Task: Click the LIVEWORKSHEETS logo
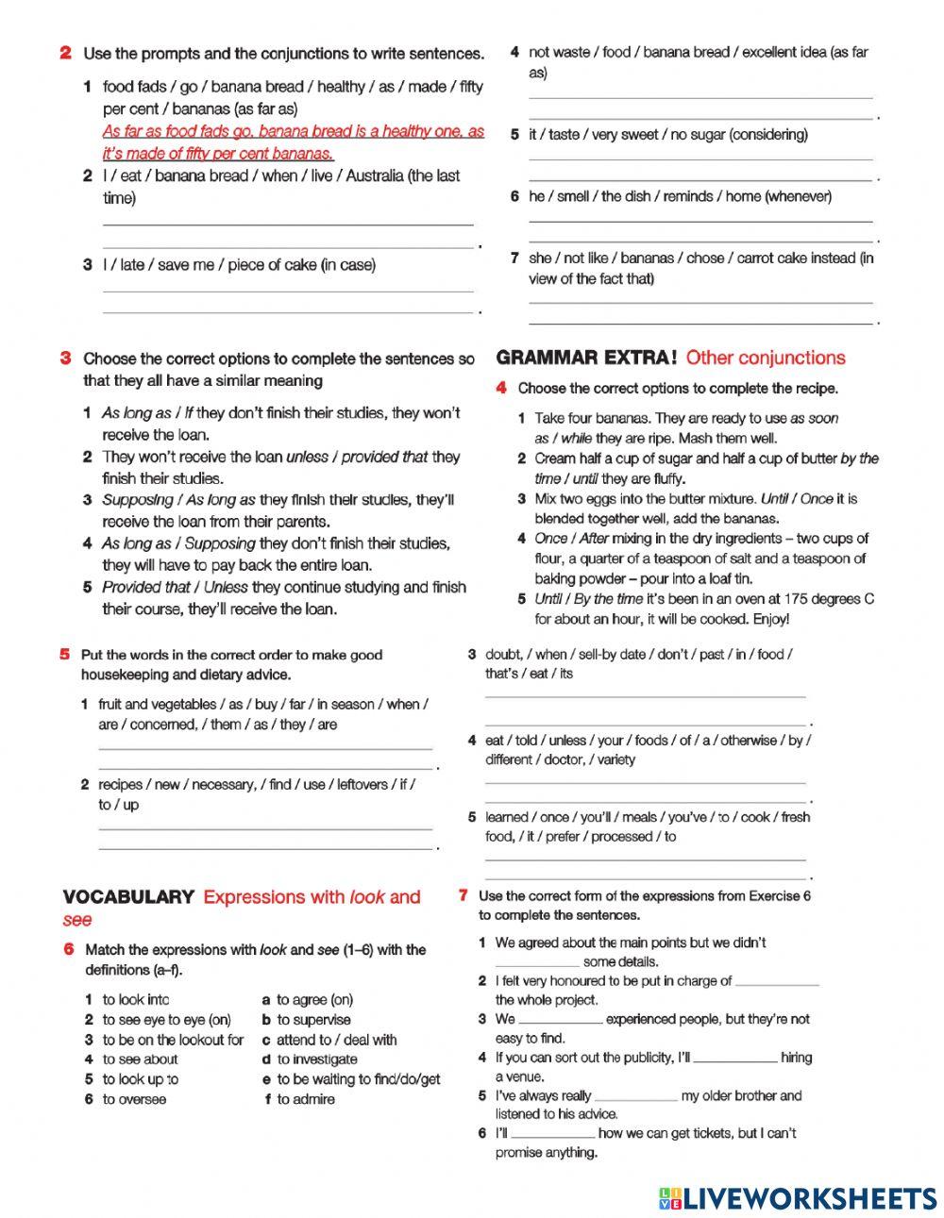(x=797, y=1197)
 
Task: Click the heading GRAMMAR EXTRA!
(x=585, y=358)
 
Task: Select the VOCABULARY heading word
(x=127, y=896)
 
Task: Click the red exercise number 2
(x=65, y=53)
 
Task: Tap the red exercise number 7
(x=463, y=894)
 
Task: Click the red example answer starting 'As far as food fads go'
(x=293, y=142)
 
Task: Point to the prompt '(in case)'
(x=346, y=265)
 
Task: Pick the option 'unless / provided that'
(x=357, y=457)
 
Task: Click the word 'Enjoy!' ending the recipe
(x=769, y=619)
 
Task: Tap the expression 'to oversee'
(x=134, y=1099)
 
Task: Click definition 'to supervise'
(x=312, y=1020)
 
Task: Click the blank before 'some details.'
(x=535, y=963)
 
